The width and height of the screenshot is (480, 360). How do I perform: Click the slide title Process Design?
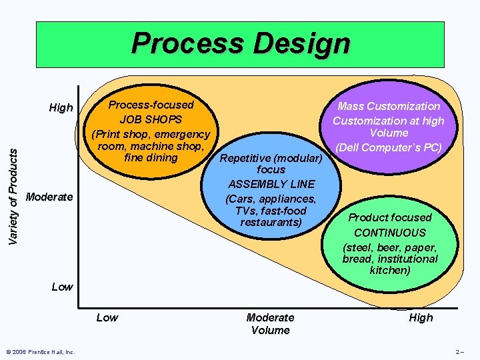coord(240,44)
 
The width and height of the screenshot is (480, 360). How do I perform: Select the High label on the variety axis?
coord(61,107)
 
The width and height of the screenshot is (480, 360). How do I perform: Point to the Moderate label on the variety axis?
coord(49,197)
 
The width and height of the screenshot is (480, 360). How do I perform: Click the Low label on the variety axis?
coord(62,287)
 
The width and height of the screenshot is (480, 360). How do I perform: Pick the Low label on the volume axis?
coord(107,317)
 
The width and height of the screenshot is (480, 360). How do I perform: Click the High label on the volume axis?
coord(421,317)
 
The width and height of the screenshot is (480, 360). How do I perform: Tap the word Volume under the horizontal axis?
coord(271,330)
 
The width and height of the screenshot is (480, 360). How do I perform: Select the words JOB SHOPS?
coord(151,120)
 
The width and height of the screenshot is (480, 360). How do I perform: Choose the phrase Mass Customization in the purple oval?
coord(389,106)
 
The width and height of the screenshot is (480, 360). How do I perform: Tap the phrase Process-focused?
coord(151,105)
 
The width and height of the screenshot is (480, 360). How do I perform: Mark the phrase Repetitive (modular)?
coord(271,159)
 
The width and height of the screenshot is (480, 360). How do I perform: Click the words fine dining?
coord(151,158)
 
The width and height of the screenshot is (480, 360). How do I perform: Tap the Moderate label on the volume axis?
coord(271,317)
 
